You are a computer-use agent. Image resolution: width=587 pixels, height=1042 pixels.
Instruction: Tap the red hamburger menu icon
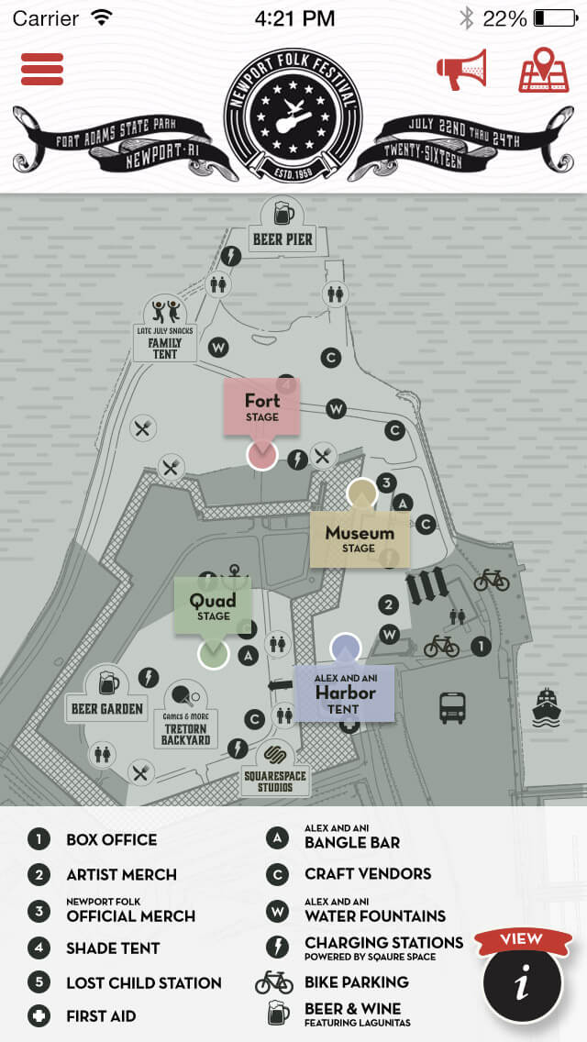(42, 70)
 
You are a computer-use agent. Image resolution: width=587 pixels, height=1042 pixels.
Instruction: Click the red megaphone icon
(461, 70)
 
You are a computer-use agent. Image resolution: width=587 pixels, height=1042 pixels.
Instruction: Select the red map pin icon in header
(544, 71)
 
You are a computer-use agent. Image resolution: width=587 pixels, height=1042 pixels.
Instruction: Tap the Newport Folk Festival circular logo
(293, 115)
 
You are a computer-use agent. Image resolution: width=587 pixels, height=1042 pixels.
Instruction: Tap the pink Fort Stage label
(262, 406)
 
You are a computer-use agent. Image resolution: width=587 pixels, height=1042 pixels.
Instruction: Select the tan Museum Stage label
(360, 538)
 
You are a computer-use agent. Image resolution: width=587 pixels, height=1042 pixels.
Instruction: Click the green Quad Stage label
(213, 605)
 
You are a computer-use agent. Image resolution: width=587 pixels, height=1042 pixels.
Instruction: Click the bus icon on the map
(452, 707)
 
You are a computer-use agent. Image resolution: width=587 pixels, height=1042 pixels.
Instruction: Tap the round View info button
(522, 983)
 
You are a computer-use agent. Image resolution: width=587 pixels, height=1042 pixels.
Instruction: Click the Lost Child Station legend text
(143, 982)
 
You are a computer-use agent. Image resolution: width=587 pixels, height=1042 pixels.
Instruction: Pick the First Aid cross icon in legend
(39, 1016)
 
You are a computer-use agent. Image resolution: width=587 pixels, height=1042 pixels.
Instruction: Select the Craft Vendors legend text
(368, 874)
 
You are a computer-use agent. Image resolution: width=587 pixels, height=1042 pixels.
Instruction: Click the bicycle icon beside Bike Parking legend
(274, 982)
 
